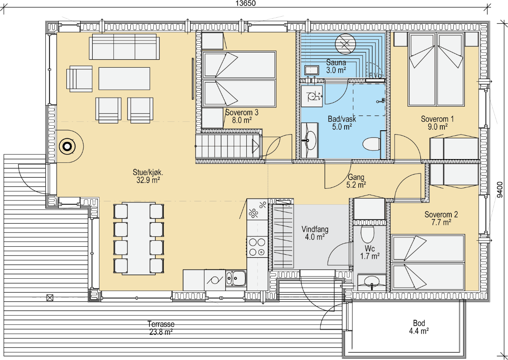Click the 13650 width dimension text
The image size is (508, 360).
[x=246, y=3]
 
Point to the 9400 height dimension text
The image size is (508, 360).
[x=500, y=190]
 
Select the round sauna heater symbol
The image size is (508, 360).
[x=345, y=44]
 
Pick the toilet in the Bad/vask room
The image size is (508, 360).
[x=372, y=144]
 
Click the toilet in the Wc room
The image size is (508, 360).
[x=367, y=234]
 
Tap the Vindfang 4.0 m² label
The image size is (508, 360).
[x=315, y=233]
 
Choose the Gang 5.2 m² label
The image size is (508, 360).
[x=356, y=181]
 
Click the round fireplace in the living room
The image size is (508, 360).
[x=67, y=147]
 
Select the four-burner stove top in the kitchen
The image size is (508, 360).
[x=257, y=247]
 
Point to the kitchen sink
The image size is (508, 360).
[x=236, y=278]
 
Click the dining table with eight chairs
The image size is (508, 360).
[x=138, y=238]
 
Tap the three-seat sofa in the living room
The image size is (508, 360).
[x=124, y=47]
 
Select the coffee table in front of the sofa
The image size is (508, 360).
[x=124, y=79]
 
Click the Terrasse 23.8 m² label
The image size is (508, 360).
[x=161, y=328]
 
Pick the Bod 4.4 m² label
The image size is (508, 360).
[x=419, y=327]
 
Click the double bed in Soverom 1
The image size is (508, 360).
[x=436, y=69]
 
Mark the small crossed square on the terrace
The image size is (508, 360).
[x=50, y=297]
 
